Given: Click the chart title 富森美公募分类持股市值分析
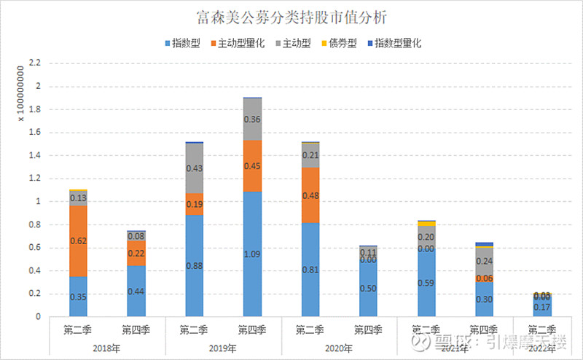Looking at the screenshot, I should [291, 15].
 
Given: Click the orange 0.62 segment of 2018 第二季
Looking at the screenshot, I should [77, 240].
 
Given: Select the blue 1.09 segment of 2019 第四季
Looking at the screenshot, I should [252, 254].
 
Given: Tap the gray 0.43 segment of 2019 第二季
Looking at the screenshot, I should [194, 168].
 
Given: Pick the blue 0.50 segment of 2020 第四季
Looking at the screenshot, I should [368, 288].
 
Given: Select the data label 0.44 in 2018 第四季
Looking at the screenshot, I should [136, 291].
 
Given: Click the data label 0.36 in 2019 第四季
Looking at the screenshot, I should [252, 120].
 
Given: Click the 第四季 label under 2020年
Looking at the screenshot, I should [368, 329].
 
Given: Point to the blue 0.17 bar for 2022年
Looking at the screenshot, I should [542, 307].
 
